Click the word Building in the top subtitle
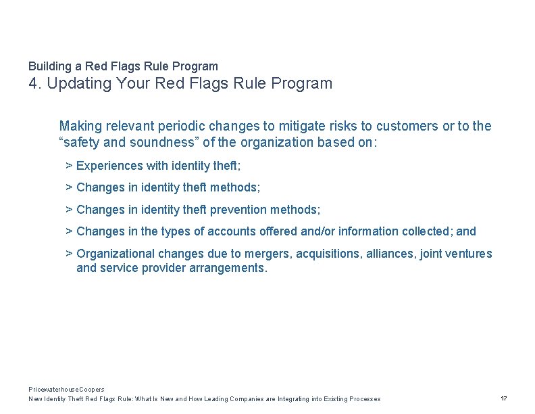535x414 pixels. (x=50, y=66)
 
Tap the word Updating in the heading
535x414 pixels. (x=80, y=84)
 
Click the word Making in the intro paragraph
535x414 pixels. (x=79, y=126)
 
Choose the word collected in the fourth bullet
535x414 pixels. (x=426, y=231)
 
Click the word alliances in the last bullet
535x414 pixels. (x=392, y=254)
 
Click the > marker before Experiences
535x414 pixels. (x=69, y=166)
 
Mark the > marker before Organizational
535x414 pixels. (x=69, y=254)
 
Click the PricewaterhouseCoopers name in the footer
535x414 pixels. (x=66, y=390)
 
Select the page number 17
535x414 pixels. (x=504, y=398)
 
